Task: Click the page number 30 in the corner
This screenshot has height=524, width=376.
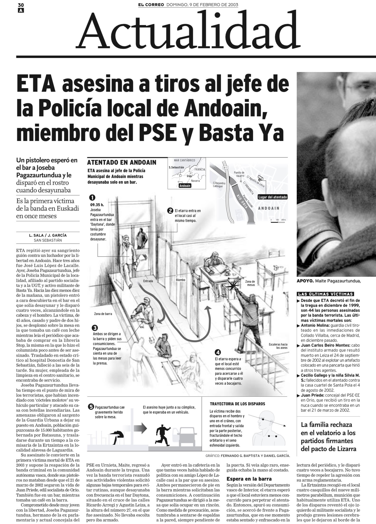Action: point(20,5)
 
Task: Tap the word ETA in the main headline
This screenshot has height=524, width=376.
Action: point(36,85)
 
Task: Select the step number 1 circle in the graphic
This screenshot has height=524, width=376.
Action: point(92,198)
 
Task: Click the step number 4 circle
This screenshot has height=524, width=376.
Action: point(218,352)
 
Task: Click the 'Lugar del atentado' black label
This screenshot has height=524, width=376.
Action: point(272,197)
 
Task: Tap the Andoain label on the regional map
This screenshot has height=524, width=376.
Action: point(185,186)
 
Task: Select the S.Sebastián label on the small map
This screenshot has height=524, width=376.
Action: point(176,167)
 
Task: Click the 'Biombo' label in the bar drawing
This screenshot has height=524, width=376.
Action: point(180,280)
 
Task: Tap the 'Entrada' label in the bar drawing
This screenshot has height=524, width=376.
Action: point(148,281)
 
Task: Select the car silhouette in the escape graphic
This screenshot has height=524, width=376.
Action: point(187,434)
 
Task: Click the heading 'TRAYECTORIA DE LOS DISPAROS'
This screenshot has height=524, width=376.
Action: point(237,404)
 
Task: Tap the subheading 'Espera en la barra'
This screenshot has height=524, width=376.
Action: point(249,478)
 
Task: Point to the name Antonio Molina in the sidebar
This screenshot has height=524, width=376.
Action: point(315,325)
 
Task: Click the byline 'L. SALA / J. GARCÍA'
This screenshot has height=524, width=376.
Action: point(48,235)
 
